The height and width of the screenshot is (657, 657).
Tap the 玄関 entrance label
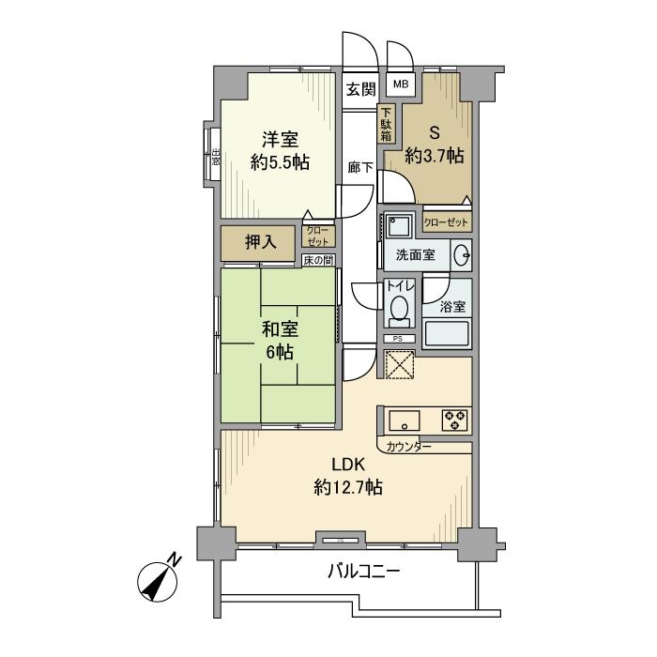tap(360, 89)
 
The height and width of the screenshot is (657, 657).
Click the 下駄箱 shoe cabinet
tap(387, 123)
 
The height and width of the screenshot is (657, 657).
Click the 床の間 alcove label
tap(317, 260)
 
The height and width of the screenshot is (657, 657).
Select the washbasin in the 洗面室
tap(462, 255)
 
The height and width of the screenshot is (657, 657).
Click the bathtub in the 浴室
tap(447, 334)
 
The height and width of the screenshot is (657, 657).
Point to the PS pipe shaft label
tap(397, 339)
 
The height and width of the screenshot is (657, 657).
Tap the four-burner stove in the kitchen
tap(456, 420)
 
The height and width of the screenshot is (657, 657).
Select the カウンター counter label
tap(409, 447)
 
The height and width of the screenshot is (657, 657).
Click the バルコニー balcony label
tap(364, 570)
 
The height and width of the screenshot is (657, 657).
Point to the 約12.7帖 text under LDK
tap(347, 487)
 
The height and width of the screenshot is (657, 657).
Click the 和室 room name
tap(280, 329)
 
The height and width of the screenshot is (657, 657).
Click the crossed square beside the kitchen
tap(401, 363)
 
